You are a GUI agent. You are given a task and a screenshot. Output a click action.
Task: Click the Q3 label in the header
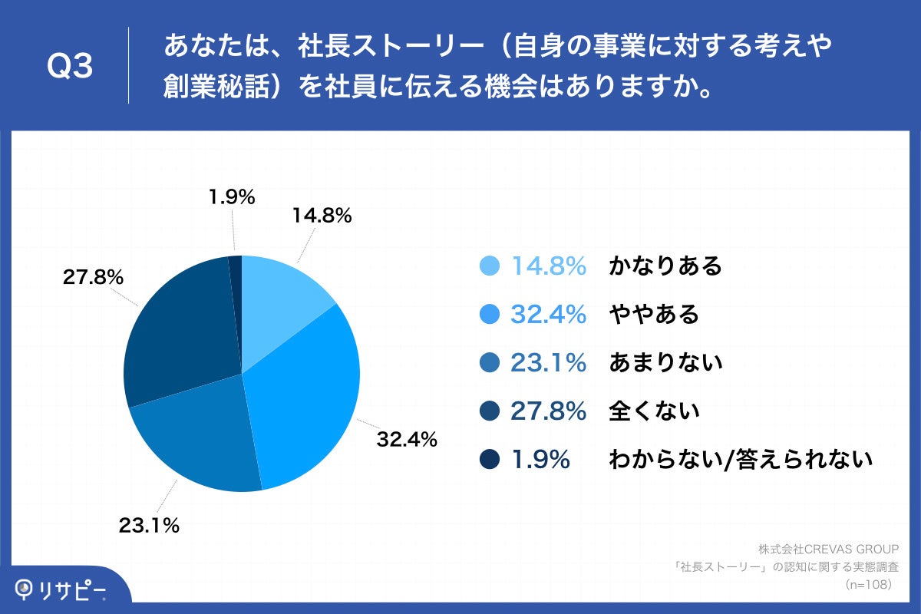(x=70, y=67)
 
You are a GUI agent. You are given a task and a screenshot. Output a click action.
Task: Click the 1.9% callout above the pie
(x=231, y=197)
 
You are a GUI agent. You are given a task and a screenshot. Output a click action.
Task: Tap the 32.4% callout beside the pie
(x=406, y=439)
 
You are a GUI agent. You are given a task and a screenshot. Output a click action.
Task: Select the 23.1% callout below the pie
(x=149, y=526)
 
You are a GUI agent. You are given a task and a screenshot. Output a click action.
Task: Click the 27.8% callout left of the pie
(x=93, y=277)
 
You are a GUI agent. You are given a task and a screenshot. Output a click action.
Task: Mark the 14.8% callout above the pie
(x=322, y=216)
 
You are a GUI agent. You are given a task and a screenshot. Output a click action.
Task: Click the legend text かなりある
(x=665, y=266)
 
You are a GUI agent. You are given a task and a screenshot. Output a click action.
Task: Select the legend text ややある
(x=654, y=314)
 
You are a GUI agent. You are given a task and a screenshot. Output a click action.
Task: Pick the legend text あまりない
(x=665, y=362)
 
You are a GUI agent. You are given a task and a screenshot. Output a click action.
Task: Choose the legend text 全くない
(x=654, y=411)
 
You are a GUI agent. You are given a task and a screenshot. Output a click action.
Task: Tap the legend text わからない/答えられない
(x=741, y=459)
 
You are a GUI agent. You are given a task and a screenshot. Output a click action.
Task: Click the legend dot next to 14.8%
(x=489, y=266)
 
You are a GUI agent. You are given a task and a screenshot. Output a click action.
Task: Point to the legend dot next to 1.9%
(x=489, y=459)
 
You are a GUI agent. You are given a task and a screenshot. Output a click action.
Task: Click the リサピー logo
(x=61, y=589)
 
